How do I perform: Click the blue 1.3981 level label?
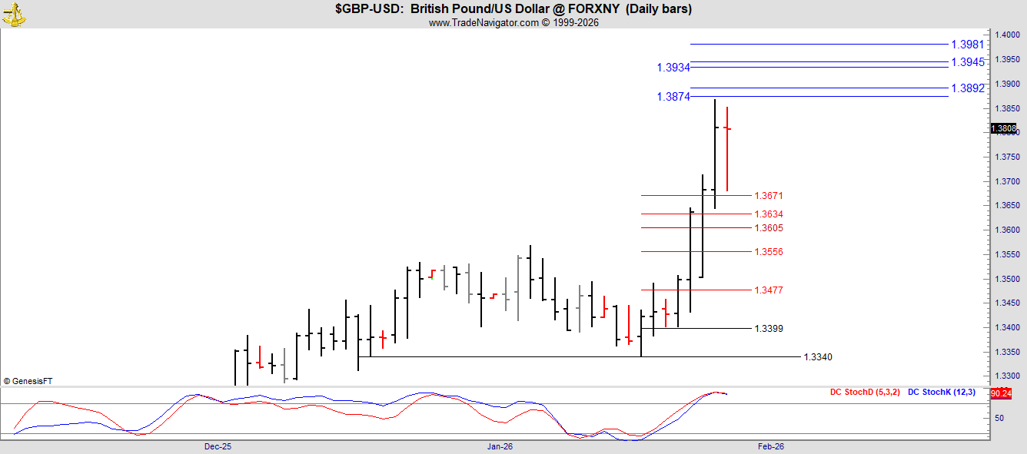point(968,45)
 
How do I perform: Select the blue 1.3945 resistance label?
point(968,62)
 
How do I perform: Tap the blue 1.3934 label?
point(673,68)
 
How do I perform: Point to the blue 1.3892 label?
point(968,88)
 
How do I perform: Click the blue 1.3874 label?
point(673,97)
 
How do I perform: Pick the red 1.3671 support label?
point(769,196)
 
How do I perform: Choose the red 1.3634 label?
point(769,214)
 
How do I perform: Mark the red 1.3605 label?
point(769,227)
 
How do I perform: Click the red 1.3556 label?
point(769,251)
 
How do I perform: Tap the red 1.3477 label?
point(769,290)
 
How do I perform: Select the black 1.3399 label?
point(769,329)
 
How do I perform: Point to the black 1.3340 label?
point(818,357)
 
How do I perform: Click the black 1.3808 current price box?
point(1004,129)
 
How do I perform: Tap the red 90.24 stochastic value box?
point(1001,393)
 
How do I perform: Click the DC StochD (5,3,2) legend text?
point(865,392)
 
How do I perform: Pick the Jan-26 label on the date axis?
point(500,446)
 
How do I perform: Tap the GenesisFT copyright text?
point(28,381)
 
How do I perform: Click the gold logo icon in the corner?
point(14,15)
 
